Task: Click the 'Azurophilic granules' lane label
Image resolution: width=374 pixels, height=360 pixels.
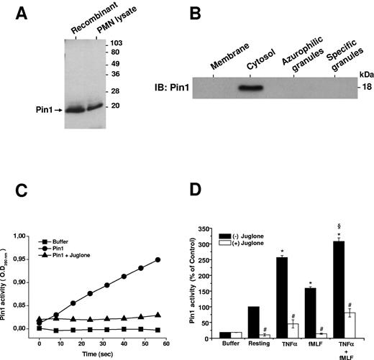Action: point(296,52)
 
